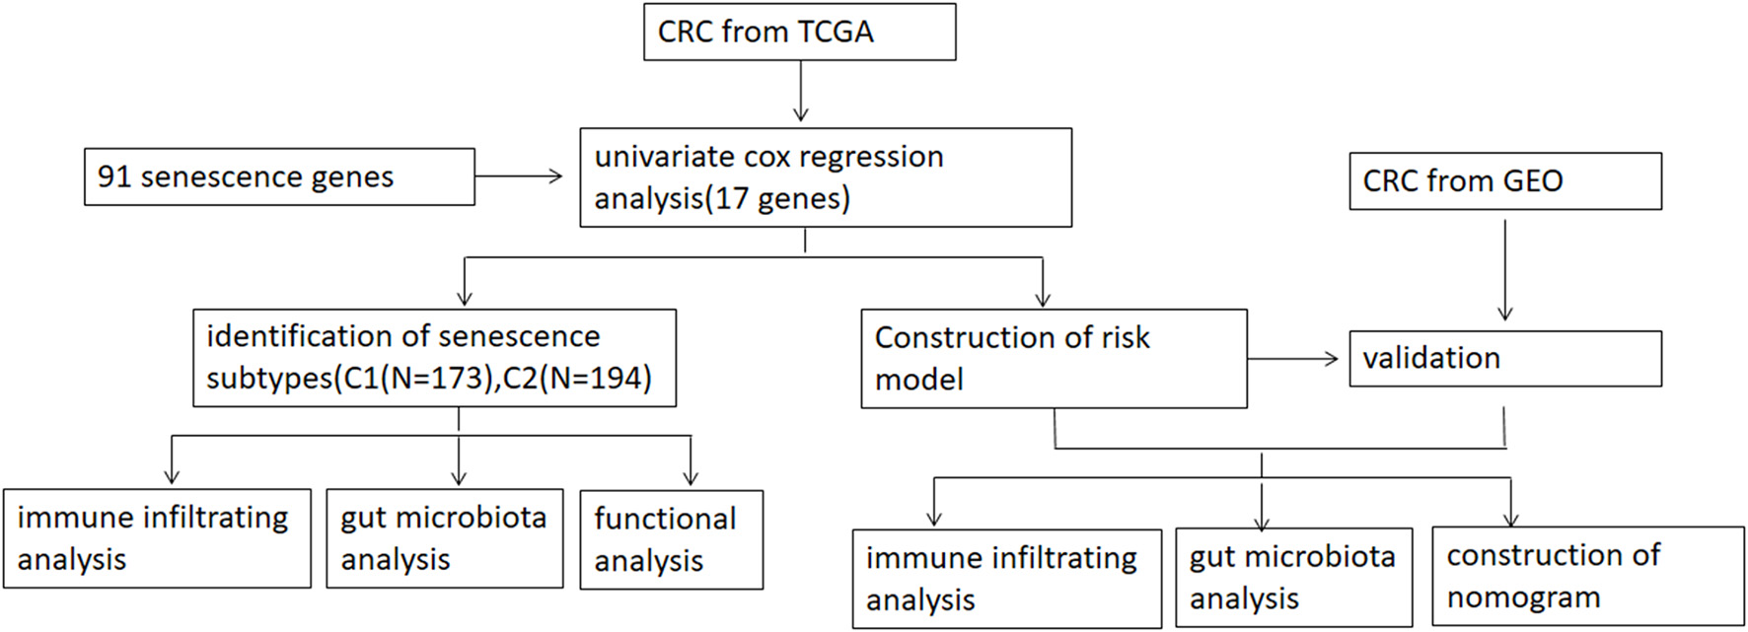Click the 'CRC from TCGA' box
click(x=799, y=32)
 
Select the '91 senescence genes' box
click(x=279, y=177)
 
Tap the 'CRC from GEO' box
click(x=1504, y=181)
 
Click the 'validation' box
click(x=1504, y=358)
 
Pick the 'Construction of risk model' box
click(x=1053, y=359)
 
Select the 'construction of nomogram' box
click(x=1587, y=576)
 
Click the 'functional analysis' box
click(x=671, y=539)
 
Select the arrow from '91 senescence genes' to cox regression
click(x=519, y=176)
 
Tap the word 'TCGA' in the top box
click(x=836, y=33)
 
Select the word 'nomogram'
click(x=1523, y=597)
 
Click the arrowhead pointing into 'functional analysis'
click(x=691, y=478)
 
